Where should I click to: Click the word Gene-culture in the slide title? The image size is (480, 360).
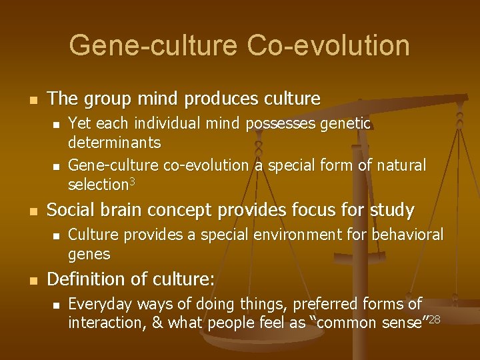pyautogui.click(x=152, y=45)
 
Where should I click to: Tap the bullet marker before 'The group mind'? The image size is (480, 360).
pyautogui.click(x=27, y=100)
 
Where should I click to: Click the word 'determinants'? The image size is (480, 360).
pyautogui.click(x=114, y=143)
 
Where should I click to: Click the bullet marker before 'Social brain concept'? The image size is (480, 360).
pyautogui.click(x=27, y=212)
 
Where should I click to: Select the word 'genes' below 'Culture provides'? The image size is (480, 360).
pyautogui.click(x=89, y=255)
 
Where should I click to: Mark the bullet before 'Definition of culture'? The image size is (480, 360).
pyautogui.click(x=27, y=281)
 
